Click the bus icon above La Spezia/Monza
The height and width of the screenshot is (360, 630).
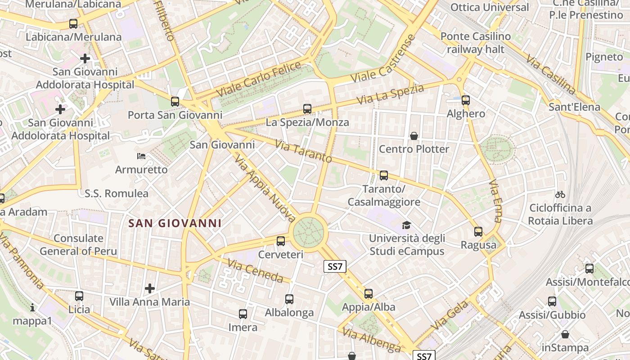(307, 108)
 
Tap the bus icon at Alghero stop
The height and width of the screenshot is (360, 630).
(466, 100)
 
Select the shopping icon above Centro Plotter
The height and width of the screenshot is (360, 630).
(414, 136)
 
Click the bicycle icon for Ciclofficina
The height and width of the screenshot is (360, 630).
(560, 194)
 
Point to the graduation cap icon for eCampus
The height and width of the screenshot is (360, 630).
(406, 225)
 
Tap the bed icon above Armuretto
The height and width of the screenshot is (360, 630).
(141, 157)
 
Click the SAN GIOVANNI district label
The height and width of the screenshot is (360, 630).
(175, 223)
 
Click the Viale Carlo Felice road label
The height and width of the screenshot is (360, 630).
(258, 79)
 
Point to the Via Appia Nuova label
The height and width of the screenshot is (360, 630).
(265, 189)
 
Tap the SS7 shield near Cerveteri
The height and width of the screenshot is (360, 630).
(335, 266)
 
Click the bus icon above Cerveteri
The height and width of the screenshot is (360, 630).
(281, 241)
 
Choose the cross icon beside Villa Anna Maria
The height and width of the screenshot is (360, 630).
(150, 288)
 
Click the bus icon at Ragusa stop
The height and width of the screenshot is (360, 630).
(478, 232)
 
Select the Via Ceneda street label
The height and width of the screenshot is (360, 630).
(255, 270)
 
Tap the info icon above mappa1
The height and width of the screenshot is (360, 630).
(32, 308)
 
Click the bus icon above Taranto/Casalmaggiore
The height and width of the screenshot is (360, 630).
(384, 175)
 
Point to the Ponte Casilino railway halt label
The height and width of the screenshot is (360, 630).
(476, 43)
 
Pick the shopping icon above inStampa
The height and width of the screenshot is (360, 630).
(565, 334)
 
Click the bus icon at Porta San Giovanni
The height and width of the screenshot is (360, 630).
(175, 102)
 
